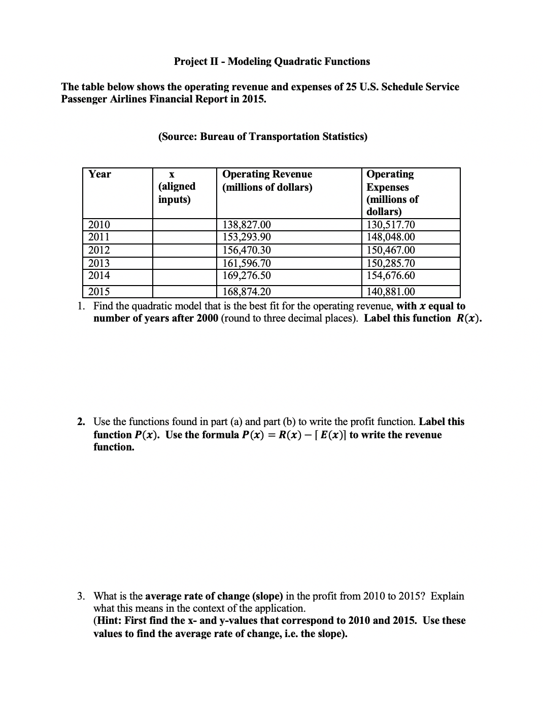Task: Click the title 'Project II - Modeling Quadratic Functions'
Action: coord(271,61)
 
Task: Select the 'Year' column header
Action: coord(99,174)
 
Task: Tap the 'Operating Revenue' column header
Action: coord(267,174)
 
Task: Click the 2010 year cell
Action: coord(99,225)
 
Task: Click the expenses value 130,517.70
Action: coord(391,225)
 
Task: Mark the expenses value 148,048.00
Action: coord(391,237)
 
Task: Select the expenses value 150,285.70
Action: coord(391,263)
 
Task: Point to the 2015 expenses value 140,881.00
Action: coord(391,292)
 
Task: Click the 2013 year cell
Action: coord(99,263)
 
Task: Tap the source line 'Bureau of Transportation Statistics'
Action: coord(283,136)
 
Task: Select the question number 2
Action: coord(81,422)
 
